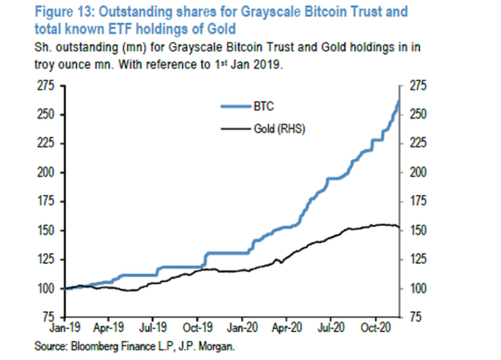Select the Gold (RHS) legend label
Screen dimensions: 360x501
point(272,128)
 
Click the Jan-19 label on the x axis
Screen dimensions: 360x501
point(64,328)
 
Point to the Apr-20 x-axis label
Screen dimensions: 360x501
point(288,328)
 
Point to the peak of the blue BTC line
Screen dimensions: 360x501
point(399,101)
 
